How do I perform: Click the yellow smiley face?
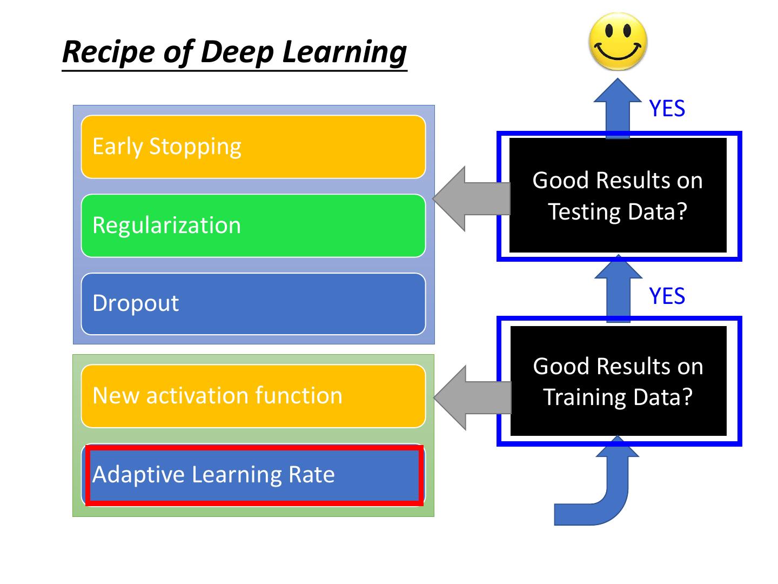[618, 42]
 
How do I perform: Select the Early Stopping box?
[253, 147]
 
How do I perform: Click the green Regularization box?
[253, 225]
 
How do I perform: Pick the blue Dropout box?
[253, 304]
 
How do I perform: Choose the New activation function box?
[253, 396]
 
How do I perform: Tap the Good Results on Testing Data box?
[618, 196]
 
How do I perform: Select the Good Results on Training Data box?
[618, 381]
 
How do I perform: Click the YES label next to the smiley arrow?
[667, 109]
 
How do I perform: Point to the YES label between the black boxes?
[667, 296]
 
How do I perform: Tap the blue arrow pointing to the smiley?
[618, 108]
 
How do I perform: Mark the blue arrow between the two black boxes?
[618, 289]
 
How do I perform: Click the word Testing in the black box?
[583, 211]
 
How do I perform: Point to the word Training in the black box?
[581, 397]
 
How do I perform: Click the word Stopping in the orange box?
[195, 147]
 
